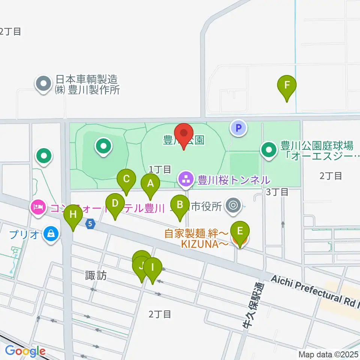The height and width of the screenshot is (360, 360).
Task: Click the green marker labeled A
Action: (150, 184)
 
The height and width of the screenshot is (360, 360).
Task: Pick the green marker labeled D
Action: (115, 204)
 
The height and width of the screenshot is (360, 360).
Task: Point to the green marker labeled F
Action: (287, 85)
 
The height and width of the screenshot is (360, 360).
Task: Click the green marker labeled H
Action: (73, 215)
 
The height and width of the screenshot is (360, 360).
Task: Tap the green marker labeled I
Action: (152, 268)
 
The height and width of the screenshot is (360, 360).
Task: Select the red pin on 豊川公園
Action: (184, 134)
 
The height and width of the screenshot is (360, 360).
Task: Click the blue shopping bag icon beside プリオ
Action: (49, 234)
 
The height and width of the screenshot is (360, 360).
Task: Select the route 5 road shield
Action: (90, 225)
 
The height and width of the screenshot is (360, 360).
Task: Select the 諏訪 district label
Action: (96, 276)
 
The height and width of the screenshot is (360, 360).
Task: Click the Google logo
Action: (25, 351)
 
